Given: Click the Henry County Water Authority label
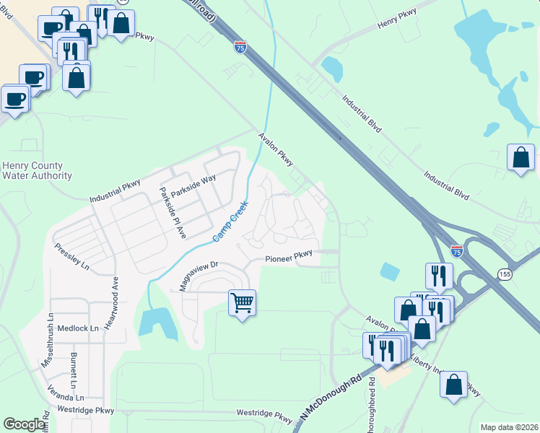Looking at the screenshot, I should click(x=37, y=170).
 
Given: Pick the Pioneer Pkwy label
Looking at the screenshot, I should click(x=289, y=255).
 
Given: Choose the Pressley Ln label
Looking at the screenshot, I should click(x=71, y=256).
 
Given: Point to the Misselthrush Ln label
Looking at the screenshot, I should click(x=48, y=339).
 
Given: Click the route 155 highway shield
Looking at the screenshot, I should click(x=504, y=274).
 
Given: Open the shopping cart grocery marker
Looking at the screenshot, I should click(x=242, y=303).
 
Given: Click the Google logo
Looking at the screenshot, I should click(x=24, y=424).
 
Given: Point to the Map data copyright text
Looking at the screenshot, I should click(x=509, y=427).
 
